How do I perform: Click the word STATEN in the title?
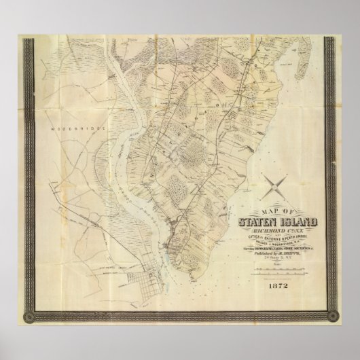tap(255, 219)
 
